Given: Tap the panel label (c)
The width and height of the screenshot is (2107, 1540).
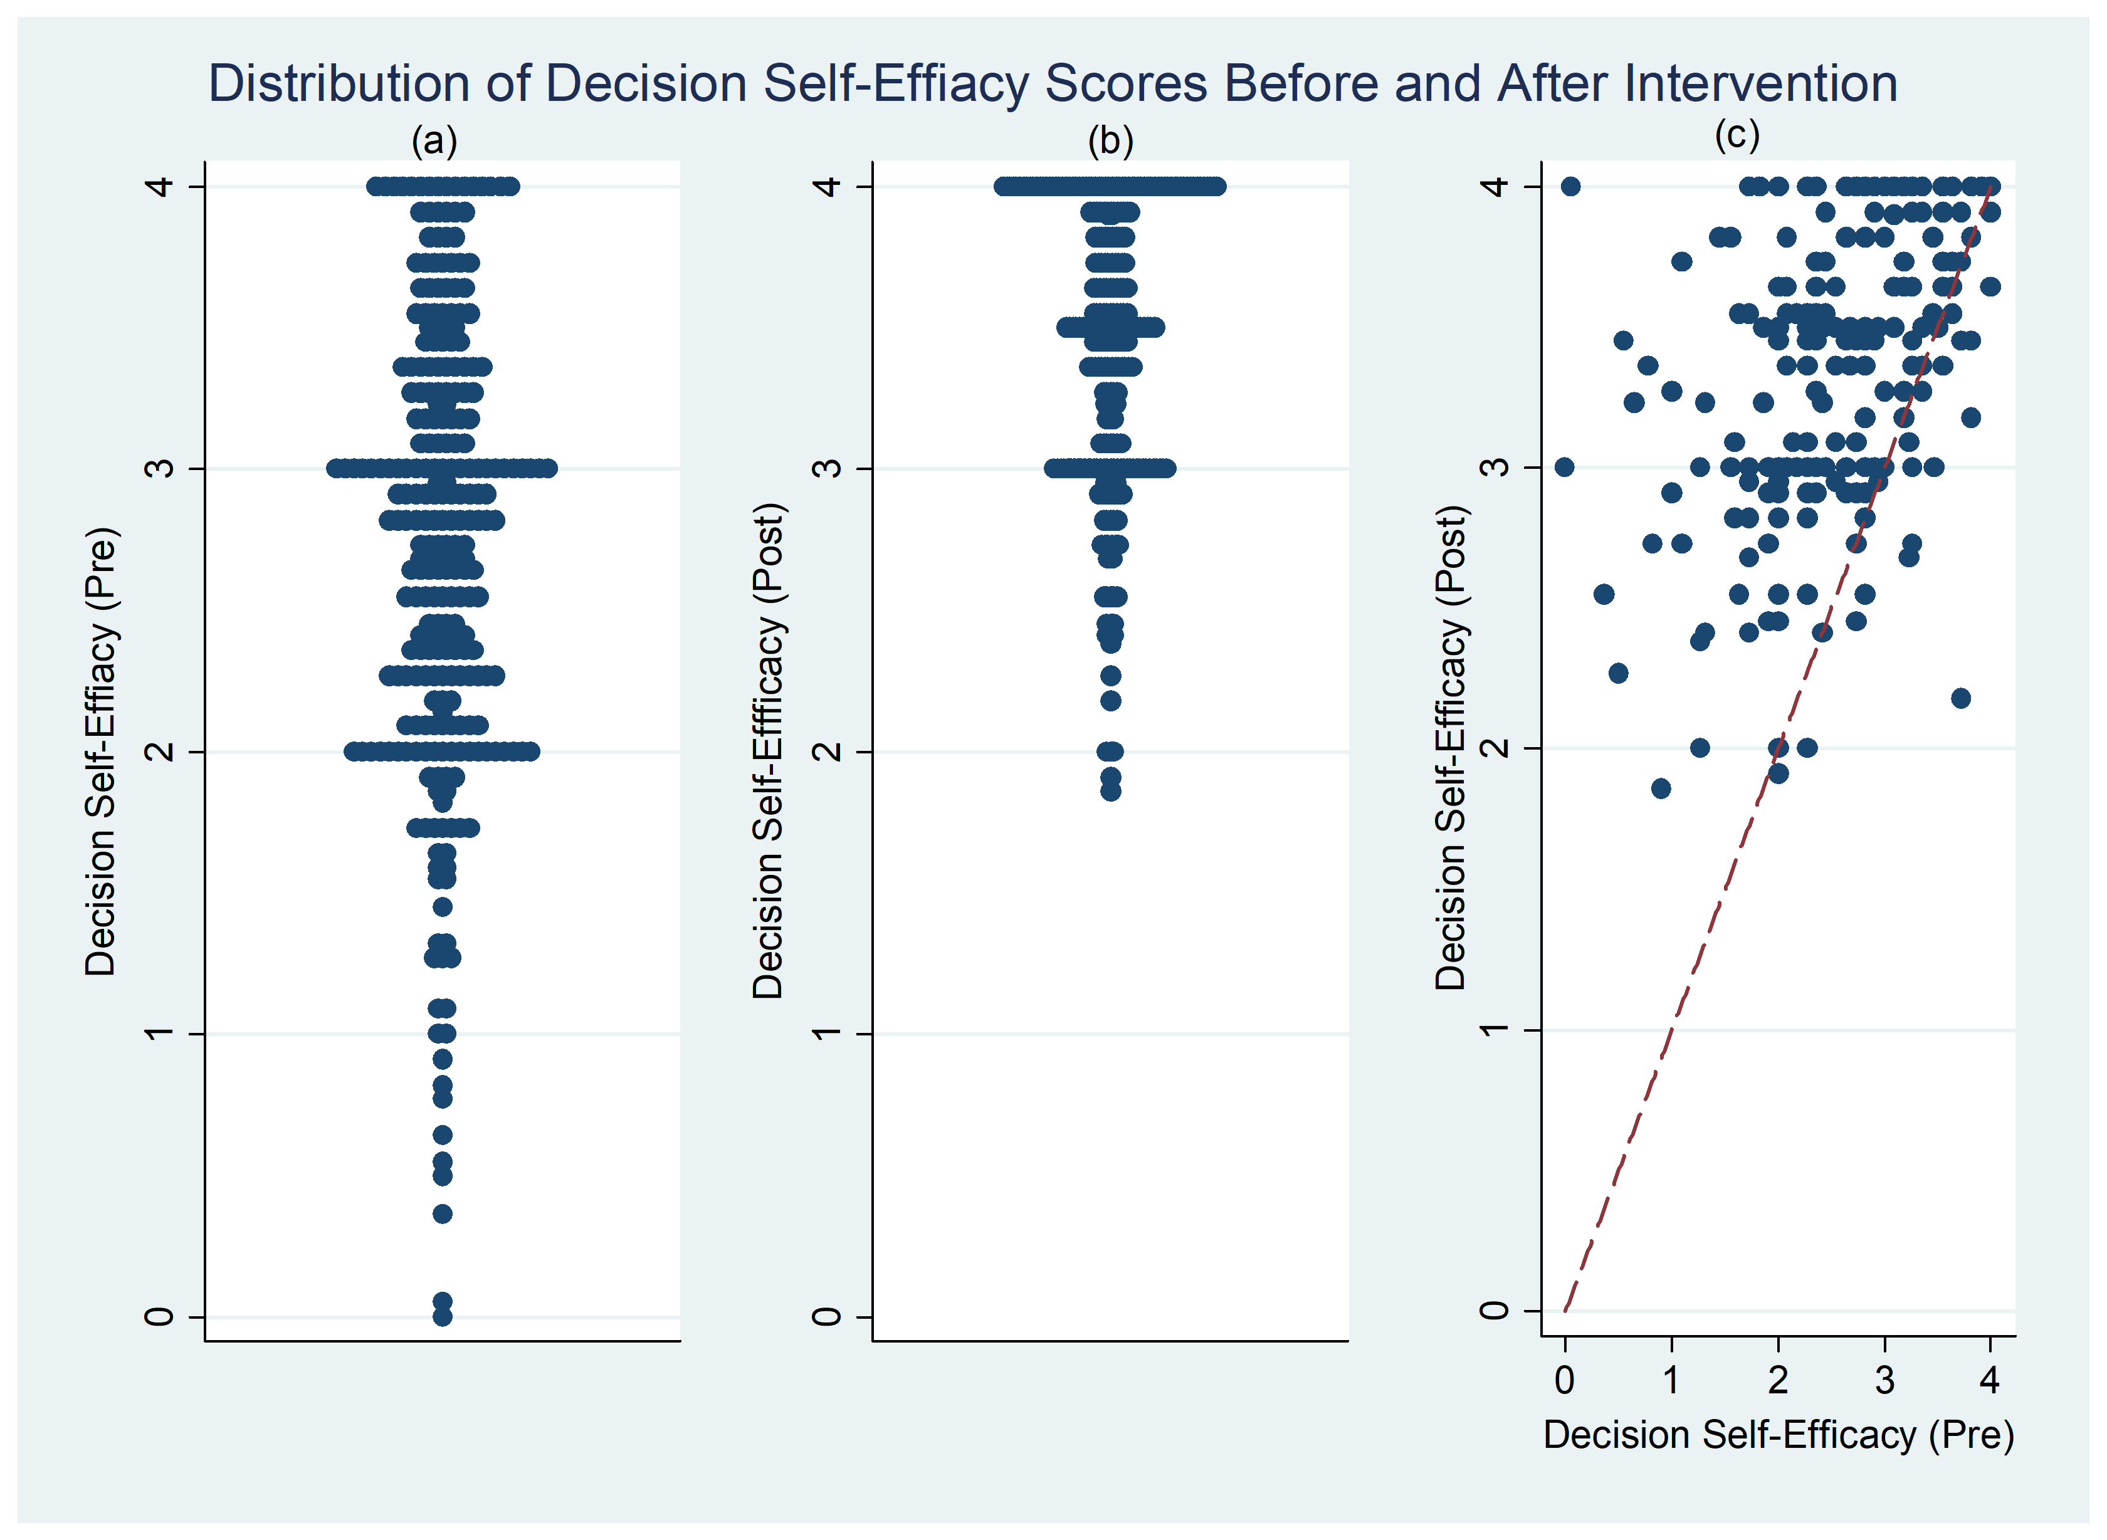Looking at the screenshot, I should pos(1738,135).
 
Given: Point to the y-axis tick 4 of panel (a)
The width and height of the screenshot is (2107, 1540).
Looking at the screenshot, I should pos(161,186).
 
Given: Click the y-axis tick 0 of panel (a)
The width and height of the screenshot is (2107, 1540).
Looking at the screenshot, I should pos(161,1316).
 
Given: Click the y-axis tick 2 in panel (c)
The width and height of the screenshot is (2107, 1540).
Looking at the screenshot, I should pos(1495,748).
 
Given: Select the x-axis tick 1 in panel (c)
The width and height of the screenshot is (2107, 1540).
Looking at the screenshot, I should pos(1671,1380).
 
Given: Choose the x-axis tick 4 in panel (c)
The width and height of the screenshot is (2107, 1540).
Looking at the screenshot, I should pos(1990,1380).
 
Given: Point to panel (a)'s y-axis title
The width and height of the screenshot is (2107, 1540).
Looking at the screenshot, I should pos(101,752).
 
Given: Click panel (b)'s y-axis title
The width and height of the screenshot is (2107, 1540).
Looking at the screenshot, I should pos(768,752).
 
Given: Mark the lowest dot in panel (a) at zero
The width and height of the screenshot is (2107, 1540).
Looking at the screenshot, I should pos(443,1316).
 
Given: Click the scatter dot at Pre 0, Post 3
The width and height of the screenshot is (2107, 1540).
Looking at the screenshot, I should pos(1564,467).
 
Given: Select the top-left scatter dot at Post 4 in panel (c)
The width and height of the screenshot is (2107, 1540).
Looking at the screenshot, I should pos(1571,186).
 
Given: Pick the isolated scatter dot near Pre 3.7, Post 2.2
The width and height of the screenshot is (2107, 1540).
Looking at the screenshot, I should pos(1961,698).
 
